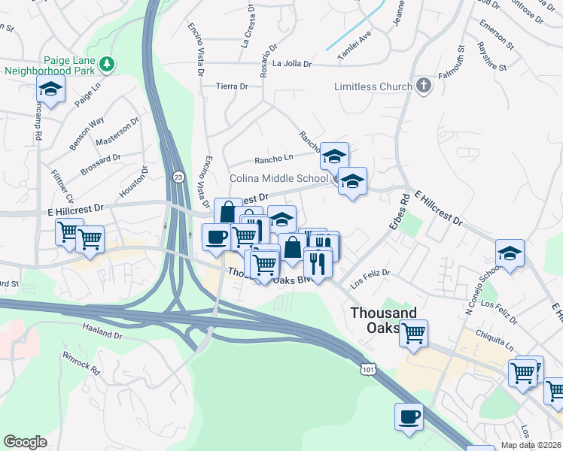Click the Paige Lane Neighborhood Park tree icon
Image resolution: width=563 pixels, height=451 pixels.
pyautogui.click(x=108, y=65)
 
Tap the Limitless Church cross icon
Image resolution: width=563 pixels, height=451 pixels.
pyautogui.click(x=424, y=86)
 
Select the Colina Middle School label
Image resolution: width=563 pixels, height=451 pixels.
pyautogui.click(x=278, y=179)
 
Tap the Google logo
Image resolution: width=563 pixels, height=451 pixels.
pyautogui.click(x=26, y=441)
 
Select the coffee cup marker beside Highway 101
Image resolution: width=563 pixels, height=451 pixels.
pyautogui.click(x=409, y=416)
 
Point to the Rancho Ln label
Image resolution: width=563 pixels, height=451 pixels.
pyautogui.click(x=273, y=159)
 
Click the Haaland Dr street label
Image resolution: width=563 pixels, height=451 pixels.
pyautogui.click(x=102, y=334)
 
